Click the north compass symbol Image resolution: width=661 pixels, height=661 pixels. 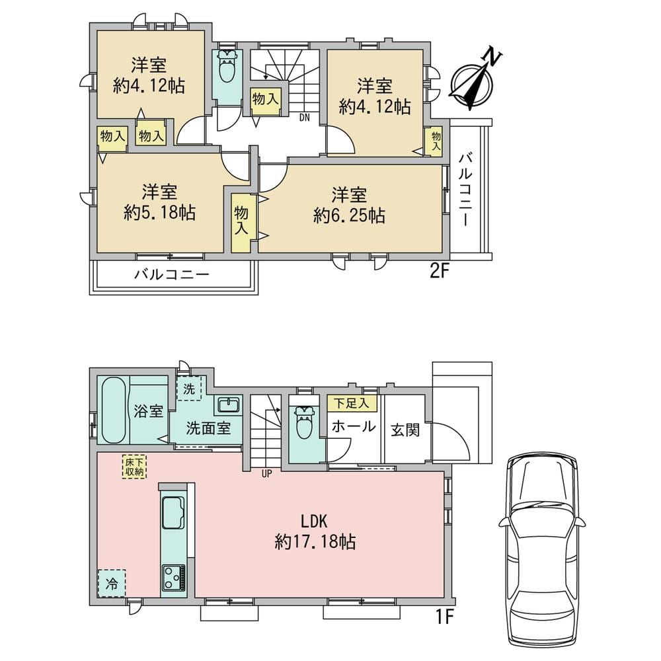pos(472,83)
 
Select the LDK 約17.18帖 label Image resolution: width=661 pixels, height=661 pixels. pos(315,531)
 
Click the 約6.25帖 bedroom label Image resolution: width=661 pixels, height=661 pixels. pos(348,206)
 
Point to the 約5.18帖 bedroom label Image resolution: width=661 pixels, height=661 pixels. pos(159,203)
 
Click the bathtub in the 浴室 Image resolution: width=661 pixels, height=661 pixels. pos(114,409)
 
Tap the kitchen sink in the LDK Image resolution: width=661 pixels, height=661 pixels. pos(173,512)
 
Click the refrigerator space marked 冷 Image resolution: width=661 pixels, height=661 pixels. pos(112,583)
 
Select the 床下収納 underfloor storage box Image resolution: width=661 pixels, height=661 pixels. pos(134,467)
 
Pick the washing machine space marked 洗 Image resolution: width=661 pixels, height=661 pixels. pos(189,389)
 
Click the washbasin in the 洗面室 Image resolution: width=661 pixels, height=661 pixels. pos(229,406)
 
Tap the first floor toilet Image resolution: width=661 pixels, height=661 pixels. pos(306,422)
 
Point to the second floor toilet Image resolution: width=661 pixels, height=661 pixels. pos(228,67)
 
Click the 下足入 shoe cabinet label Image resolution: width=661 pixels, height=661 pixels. pos(351,403)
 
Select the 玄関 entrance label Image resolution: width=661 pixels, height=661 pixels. pos(405,430)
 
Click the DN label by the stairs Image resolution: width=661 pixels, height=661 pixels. pos(304,118)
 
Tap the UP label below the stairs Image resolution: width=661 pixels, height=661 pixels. pos(266,474)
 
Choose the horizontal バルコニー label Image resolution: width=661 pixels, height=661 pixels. pos(172,275)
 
